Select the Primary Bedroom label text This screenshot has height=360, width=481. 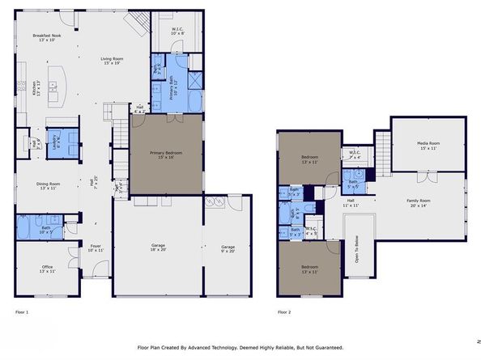(x=166, y=153)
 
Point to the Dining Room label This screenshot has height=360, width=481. (x=48, y=185)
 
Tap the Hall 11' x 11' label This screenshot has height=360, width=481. (x=351, y=203)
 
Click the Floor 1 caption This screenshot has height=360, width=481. (x=22, y=311)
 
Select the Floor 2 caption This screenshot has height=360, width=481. (x=283, y=311)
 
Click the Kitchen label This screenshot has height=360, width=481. (x=35, y=89)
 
